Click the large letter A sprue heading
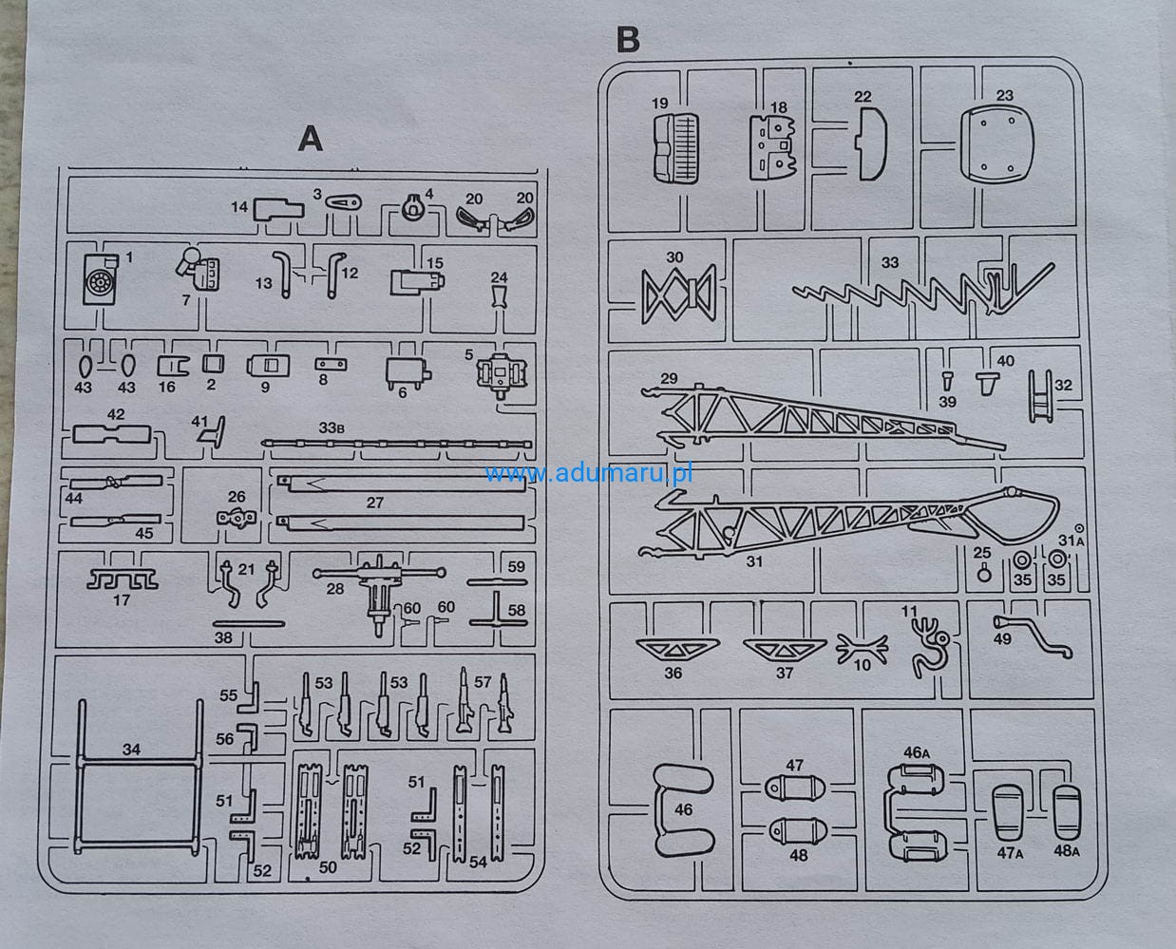[x=310, y=139]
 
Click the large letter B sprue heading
[x=628, y=40]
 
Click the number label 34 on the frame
[x=131, y=750]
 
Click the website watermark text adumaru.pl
[x=589, y=472]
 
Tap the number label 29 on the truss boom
[x=669, y=379]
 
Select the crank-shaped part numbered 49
[x=1032, y=636]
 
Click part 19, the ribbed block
[x=674, y=148]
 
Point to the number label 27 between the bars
[x=374, y=502]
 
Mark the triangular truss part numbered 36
[x=676, y=650]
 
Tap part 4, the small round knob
[x=412, y=209]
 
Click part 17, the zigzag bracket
[x=123, y=579]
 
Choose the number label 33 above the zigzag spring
[x=889, y=263]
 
